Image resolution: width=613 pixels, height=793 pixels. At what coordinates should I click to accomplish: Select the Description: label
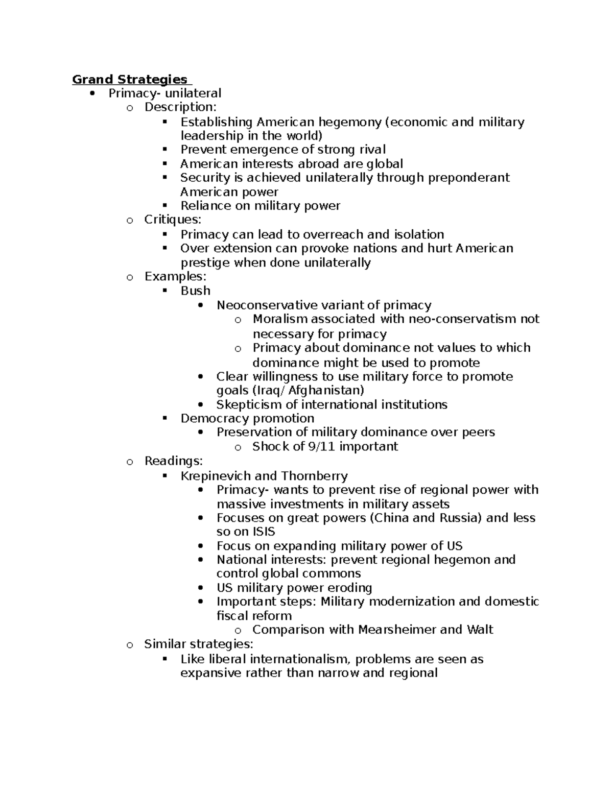(x=180, y=107)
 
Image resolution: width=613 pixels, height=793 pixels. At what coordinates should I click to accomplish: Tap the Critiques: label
(x=173, y=220)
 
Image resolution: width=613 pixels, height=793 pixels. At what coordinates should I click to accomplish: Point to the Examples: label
(x=175, y=277)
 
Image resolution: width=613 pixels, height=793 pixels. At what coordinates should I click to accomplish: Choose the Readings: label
(x=173, y=461)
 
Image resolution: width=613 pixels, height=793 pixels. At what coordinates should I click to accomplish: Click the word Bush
(x=195, y=291)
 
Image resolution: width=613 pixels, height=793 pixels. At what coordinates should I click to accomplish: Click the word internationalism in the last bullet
(x=299, y=659)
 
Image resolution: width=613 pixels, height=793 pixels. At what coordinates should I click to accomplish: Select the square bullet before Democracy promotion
(x=164, y=418)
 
